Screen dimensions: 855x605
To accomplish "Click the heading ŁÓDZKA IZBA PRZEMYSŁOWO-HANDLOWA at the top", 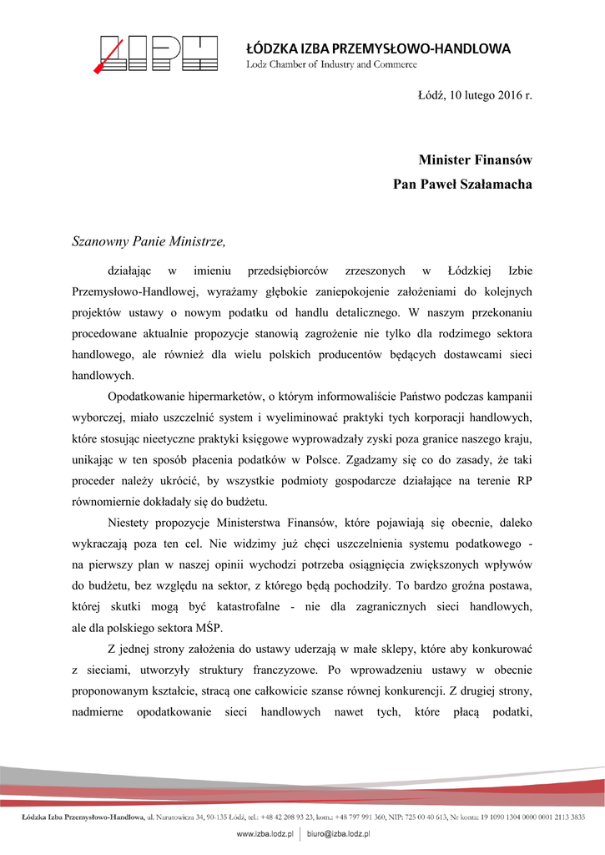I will pyautogui.click(x=378, y=48).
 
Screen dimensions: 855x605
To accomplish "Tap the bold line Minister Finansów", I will pyautogui.click(x=476, y=159).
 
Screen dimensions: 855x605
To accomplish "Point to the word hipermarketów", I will pyautogui.click(x=216, y=396).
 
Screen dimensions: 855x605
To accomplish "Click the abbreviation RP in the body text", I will pyautogui.click(x=524, y=478).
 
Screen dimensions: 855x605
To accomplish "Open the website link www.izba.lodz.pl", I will pyautogui.click(x=266, y=833).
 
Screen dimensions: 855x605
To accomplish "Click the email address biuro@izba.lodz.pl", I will pyautogui.click(x=338, y=833).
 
